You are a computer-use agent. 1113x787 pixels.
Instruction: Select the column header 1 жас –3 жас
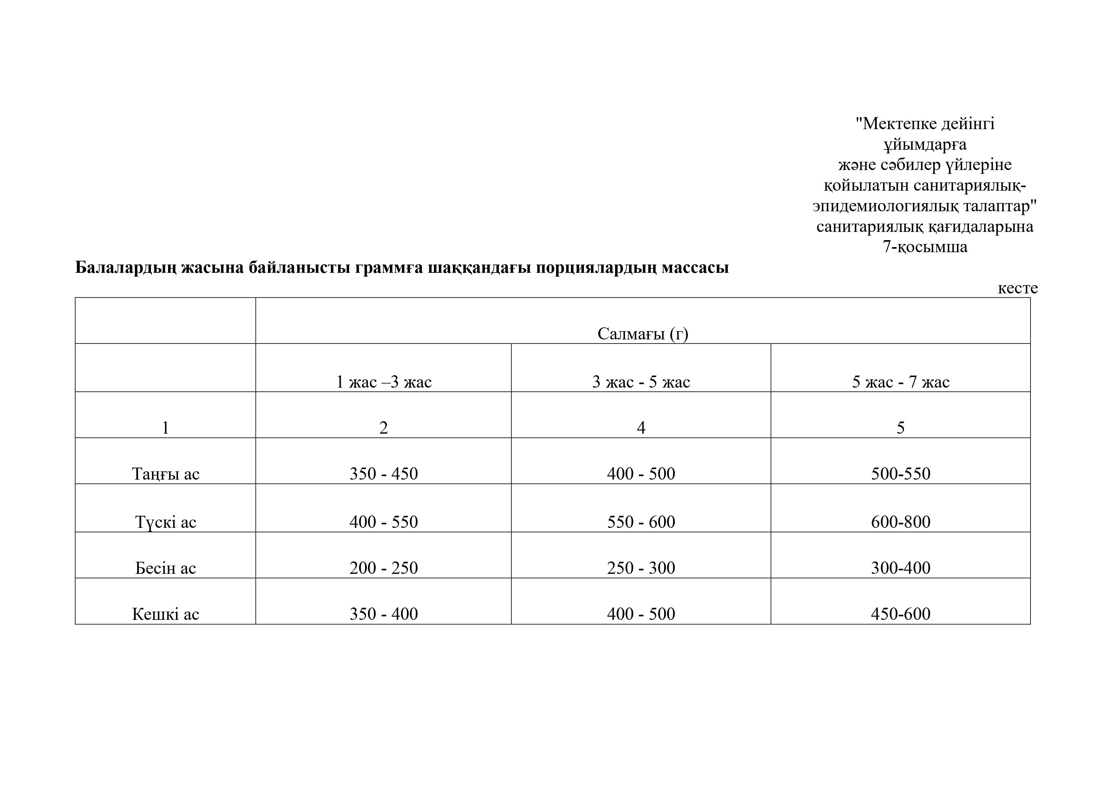(x=383, y=382)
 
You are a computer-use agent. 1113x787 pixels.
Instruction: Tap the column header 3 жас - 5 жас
(x=641, y=382)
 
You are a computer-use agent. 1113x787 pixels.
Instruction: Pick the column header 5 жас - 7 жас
(x=900, y=382)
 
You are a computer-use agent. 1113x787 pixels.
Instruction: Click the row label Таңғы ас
(x=165, y=474)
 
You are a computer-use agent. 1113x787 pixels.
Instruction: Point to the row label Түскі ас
(x=165, y=522)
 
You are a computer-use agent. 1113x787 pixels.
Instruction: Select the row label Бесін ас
(x=165, y=568)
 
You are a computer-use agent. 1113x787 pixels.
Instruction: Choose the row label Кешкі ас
(x=165, y=614)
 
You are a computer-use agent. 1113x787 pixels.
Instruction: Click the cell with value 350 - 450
(x=383, y=474)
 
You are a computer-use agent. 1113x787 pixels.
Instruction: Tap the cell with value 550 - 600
(x=641, y=522)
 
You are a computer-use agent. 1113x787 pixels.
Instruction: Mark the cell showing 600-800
(x=900, y=522)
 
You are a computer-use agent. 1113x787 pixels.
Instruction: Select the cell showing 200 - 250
(x=383, y=568)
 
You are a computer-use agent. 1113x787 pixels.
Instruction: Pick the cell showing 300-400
(x=900, y=568)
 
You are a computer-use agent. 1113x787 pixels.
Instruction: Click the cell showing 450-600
(x=900, y=614)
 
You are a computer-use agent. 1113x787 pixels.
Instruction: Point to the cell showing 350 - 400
(x=383, y=614)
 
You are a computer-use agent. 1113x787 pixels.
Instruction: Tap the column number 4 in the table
(x=641, y=428)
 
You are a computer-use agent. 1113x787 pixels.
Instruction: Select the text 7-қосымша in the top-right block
(x=924, y=247)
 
